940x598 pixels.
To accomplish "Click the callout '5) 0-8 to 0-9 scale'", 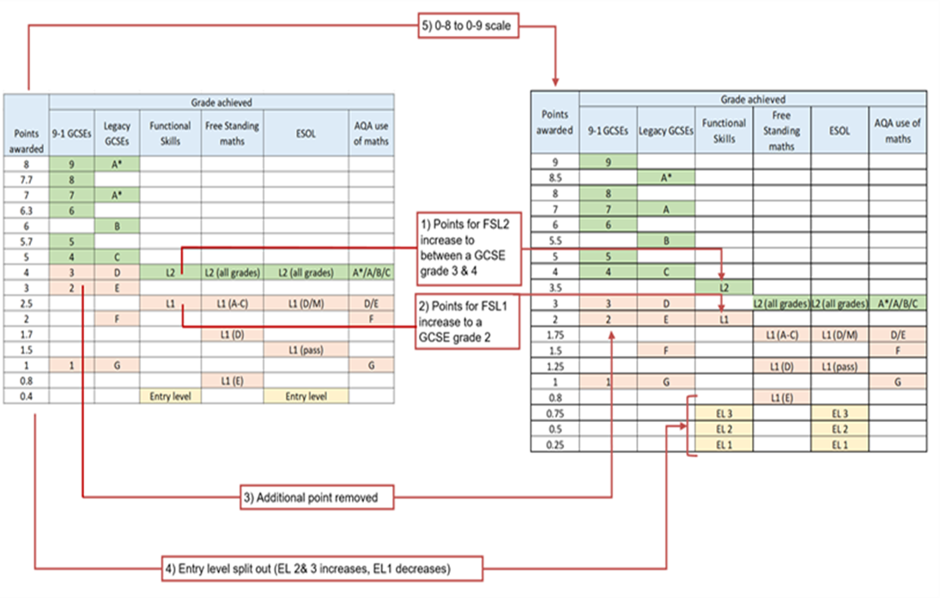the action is click(468, 26).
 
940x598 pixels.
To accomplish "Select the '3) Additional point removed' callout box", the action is click(317, 497).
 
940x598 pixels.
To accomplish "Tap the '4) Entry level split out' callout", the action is click(323, 569).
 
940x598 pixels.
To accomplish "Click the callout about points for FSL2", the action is click(470, 248).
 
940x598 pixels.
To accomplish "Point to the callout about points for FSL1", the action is click(468, 321).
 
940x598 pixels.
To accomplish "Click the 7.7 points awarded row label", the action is click(27, 180).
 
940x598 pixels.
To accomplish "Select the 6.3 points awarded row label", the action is click(27, 211).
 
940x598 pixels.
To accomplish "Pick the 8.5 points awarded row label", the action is click(555, 178).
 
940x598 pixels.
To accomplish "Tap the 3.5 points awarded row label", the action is click(555, 287).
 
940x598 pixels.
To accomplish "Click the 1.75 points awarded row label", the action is click(555, 335).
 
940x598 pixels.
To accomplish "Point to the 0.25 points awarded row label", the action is click(555, 444).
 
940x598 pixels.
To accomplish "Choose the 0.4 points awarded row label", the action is click(27, 396).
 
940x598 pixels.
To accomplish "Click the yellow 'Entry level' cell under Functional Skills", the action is click(170, 396).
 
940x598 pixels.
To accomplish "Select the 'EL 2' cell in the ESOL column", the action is click(840, 429).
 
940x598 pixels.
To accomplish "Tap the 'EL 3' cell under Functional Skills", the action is click(725, 413).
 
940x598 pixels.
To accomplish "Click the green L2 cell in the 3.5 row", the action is click(725, 287).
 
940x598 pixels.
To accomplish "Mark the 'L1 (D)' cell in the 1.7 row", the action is click(232, 334).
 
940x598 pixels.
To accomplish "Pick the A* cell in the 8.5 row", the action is click(666, 178).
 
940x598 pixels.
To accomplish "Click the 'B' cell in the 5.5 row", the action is click(666, 241).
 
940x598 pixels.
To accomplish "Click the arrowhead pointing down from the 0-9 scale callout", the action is click(555, 82).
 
